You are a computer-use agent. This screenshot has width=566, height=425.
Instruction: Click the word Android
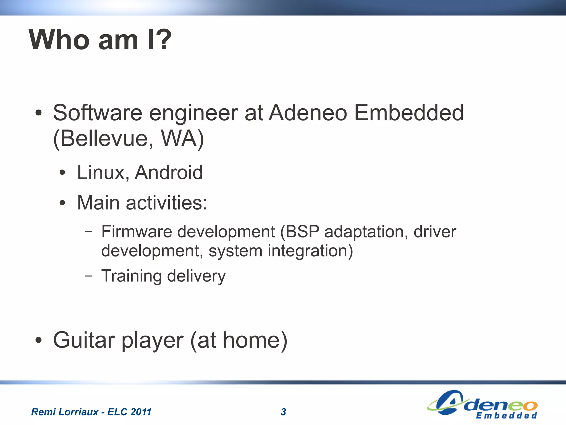[x=169, y=173]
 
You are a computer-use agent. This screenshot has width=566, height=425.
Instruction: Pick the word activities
[x=166, y=203]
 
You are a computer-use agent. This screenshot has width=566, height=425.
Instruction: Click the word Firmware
[x=137, y=232]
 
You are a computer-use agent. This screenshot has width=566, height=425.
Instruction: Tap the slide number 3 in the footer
[x=283, y=412]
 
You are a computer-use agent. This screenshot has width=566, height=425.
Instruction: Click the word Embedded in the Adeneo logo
[x=506, y=416]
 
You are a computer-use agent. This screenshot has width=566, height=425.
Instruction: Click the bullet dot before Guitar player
[x=39, y=340]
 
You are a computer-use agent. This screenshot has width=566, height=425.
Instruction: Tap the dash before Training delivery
[x=88, y=276]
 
